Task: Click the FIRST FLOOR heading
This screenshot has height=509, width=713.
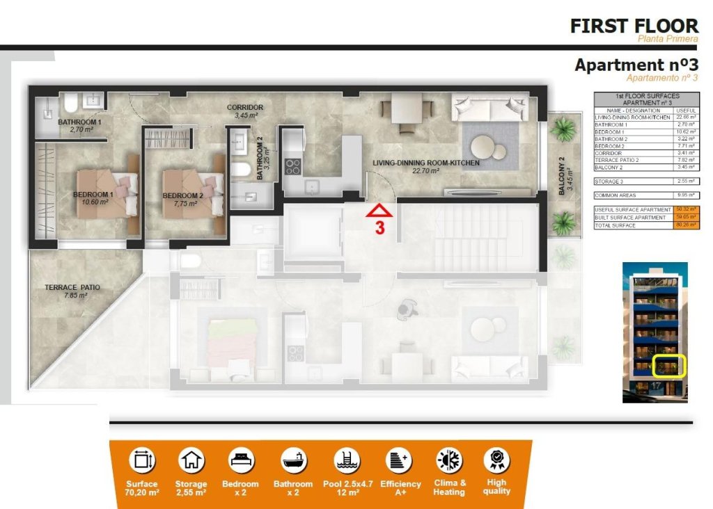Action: [634, 26]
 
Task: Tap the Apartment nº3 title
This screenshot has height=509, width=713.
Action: [636, 65]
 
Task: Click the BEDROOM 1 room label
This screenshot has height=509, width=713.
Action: [93, 195]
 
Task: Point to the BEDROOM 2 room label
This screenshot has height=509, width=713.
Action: [182, 195]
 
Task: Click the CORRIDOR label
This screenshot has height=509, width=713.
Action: [245, 108]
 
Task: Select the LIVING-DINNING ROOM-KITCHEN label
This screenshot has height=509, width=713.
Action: [426, 163]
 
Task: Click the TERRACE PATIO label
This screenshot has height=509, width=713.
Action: [72, 287]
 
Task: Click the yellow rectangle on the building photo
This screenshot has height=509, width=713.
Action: [670, 366]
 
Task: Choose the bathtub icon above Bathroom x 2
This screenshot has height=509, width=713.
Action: [293, 460]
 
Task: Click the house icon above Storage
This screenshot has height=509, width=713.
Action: [191, 460]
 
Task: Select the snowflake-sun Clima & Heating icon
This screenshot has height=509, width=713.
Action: [449, 460]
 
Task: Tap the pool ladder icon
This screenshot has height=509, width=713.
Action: [342, 460]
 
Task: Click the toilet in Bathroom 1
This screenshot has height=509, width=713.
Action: [70, 104]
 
